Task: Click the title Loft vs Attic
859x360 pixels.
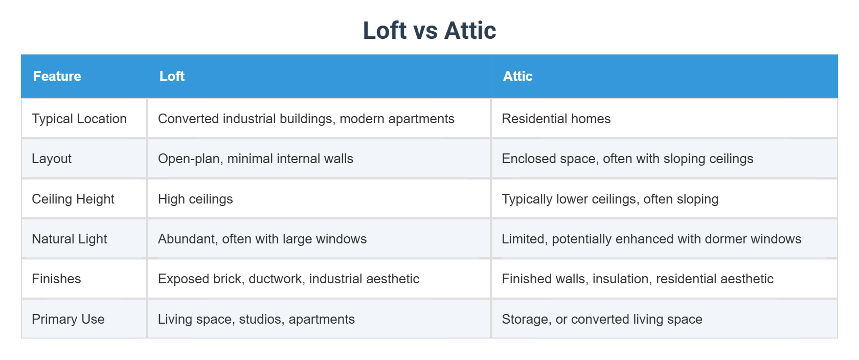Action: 429,31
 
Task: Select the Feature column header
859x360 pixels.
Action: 57,76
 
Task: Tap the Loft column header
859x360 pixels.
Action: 172,76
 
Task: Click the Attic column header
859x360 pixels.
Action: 517,76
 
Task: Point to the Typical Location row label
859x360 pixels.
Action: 79,119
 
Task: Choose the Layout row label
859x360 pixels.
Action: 52,159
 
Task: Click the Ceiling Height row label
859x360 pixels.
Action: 73,199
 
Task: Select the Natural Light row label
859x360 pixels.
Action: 70,239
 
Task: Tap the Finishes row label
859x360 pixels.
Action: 56,279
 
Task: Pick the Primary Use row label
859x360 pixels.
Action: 68,319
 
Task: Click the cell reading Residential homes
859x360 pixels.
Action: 556,119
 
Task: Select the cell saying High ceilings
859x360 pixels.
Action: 195,199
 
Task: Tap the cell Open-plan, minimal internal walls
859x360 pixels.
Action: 255,159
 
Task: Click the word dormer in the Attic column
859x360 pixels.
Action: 724,239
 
